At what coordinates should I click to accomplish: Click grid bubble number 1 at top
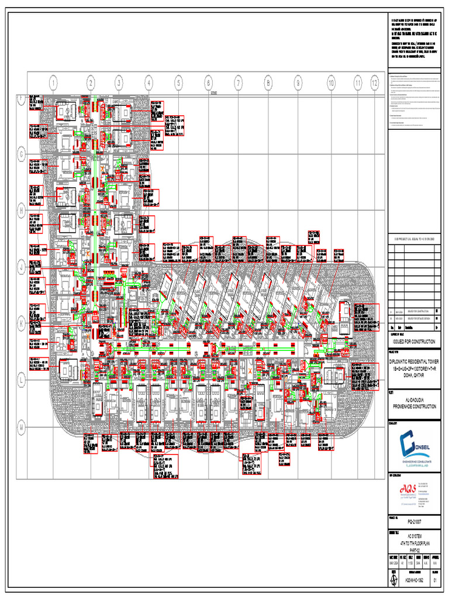[x=53, y=84]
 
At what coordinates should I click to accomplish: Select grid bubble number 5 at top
[x=178, y=84]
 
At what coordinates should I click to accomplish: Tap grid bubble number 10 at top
[x=330, y=84]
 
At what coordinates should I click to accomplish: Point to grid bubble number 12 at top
[x=374, y=84]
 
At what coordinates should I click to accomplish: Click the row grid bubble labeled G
[x=22, y=154]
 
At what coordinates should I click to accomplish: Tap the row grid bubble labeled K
[x=22, y=322]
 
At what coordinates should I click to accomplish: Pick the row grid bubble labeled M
[x=22, y=428]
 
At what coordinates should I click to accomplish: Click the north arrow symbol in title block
[x=392, y=581]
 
